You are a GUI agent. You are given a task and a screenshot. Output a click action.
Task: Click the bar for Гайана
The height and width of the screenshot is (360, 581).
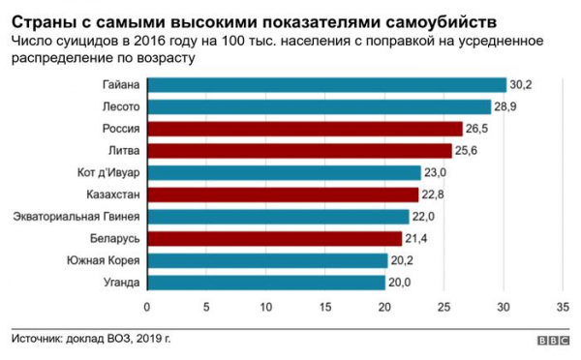pyautogui.click(x=326, y=85)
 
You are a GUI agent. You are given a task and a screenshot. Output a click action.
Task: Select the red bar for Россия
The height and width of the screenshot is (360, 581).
pyautogui.click(x=304, y=129)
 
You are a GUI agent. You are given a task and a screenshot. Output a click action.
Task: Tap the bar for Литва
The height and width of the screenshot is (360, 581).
pyautogui.click(x=299, y=151)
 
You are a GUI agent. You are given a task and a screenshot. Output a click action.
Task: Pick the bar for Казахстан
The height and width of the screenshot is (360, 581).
pyautogui.click(x=283, y=195)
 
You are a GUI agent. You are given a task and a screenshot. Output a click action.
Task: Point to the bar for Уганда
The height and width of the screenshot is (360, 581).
pyautogui.click(x=266, y=283)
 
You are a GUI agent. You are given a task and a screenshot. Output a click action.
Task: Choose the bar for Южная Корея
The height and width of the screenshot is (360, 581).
pyautogui.click(x=267, y=260)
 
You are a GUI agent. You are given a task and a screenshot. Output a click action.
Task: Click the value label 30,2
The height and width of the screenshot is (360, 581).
pyautogui.click(x=523, y=85)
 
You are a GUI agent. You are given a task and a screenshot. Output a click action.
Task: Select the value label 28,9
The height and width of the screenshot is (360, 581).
pyautogui.click(x=507, y=106)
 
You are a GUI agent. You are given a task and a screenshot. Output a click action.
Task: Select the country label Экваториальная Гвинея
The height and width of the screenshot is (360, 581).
pyautogui.click(x=76, y=217)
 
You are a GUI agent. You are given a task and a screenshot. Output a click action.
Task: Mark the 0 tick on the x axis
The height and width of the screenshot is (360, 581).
pyautogui.click(x=147, y=308)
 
